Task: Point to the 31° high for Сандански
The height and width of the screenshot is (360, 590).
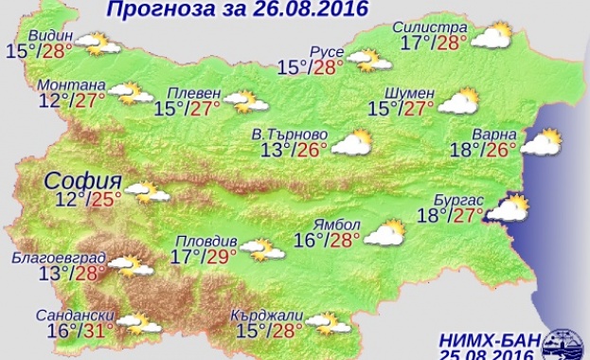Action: (98, 331)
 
